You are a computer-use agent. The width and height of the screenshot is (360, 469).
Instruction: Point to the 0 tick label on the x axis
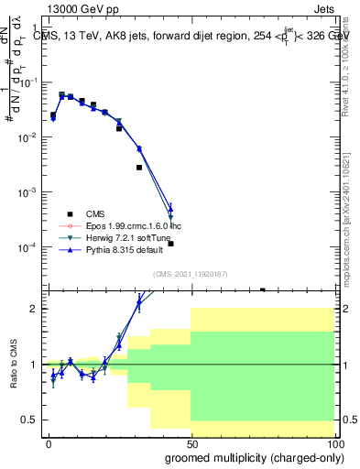click(49, 442)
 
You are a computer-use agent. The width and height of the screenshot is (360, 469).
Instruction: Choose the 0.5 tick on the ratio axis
click(32, 420)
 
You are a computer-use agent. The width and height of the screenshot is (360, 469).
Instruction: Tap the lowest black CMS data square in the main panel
click(262, 289)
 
